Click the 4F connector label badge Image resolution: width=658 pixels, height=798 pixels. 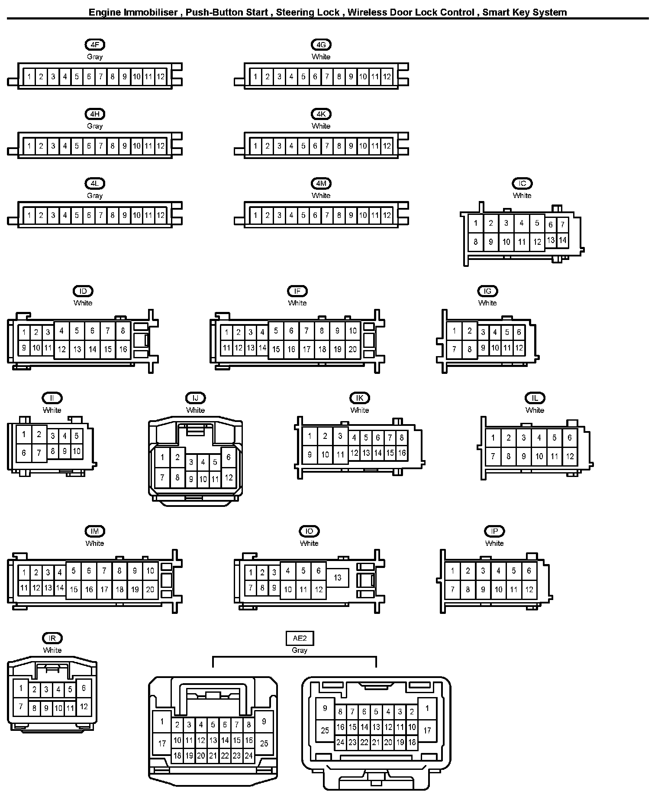coord(95,45)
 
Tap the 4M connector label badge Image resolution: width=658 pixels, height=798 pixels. coord(321,183)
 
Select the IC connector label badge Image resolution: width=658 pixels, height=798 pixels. coord(522,183)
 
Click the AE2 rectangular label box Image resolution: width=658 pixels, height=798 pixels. coord(300,638)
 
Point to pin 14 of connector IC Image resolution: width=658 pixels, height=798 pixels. coord(562,240)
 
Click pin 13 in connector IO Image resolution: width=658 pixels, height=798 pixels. coord(337,577)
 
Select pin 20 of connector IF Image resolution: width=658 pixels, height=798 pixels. coord(353,349)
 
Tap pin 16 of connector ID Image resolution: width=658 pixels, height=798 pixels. coord(123,349)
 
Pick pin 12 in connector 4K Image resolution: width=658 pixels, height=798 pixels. coord(387,146)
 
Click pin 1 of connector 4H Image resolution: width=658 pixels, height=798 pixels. coord(29,146)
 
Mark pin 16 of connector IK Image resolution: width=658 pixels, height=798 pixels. coord(402,453)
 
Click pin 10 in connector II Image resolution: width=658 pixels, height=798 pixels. coord(77,451)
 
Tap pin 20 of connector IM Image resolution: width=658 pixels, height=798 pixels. coord(150,589)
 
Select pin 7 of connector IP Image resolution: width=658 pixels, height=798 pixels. coord(452,589)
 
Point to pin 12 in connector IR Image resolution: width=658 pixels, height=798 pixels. coord(84,707)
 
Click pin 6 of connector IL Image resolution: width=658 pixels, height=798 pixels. coord(570,438)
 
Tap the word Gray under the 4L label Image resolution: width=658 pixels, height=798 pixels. coord(95,195)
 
